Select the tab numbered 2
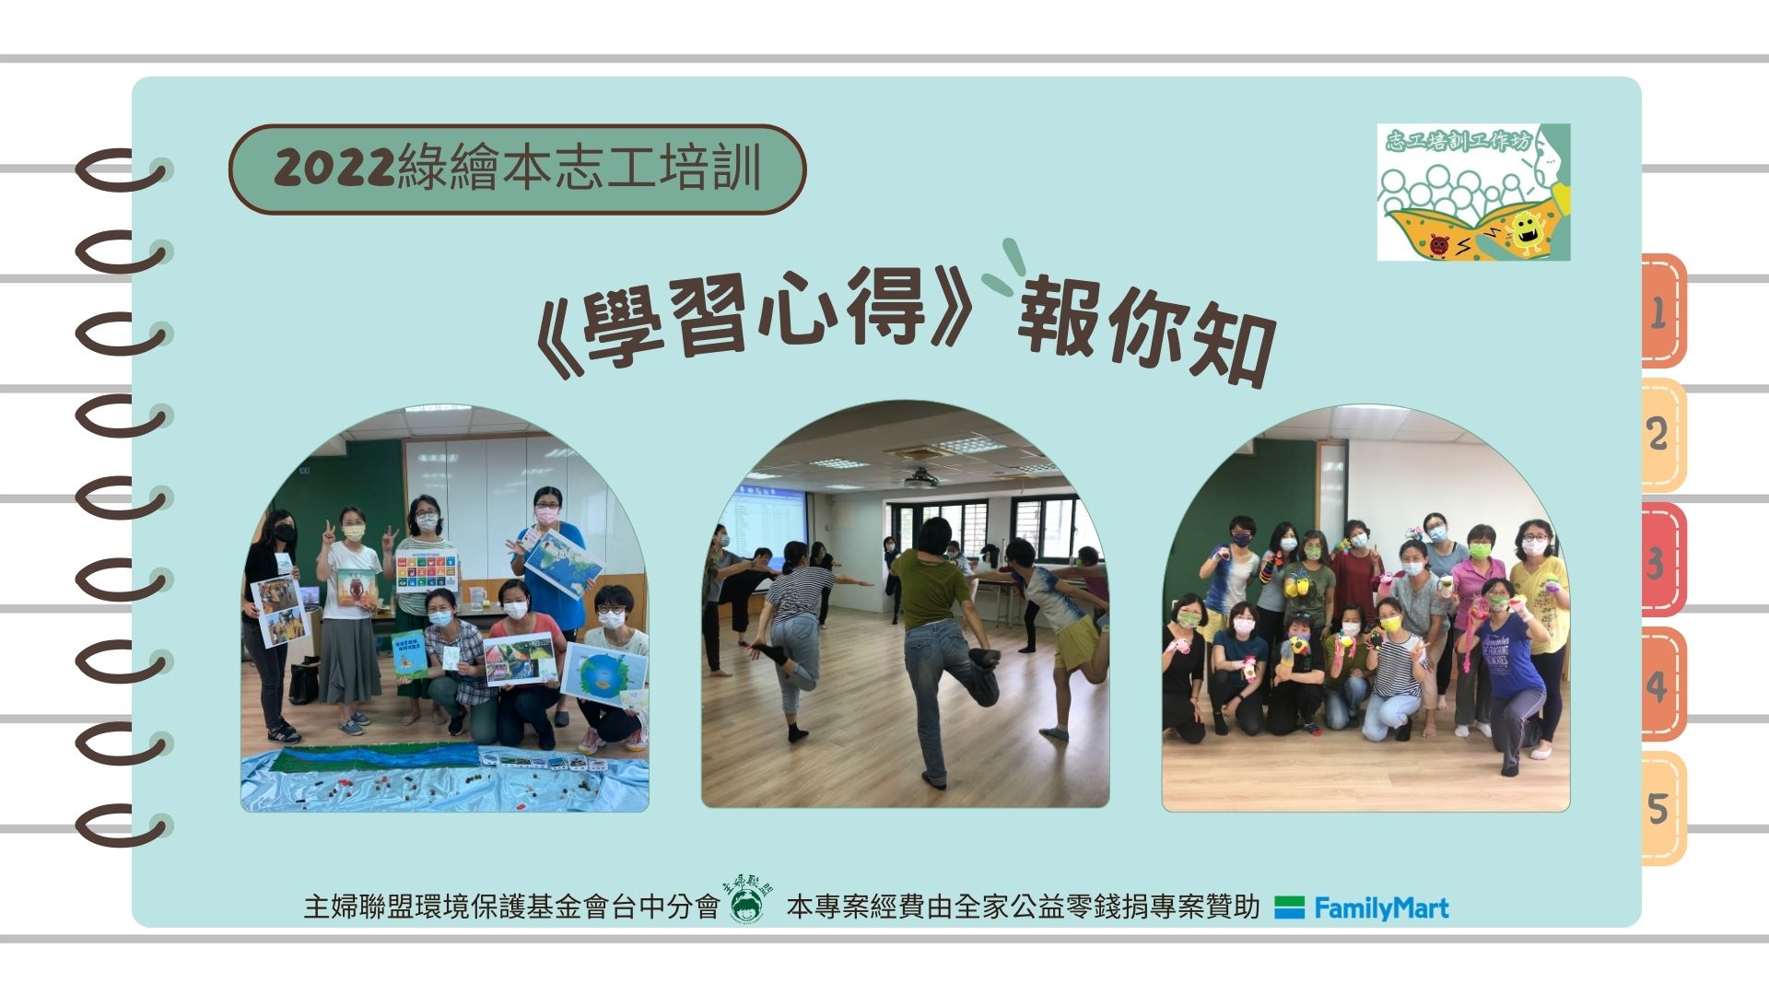[x=1663, y=434]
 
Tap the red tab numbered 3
[x=1663, y=559]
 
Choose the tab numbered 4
[x=1663, y=684]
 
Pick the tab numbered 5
[x=1663, y=808]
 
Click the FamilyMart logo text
[x=1381, y=909]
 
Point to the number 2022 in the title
[x=335, y=169]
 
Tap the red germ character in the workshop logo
[x=1439, y=246]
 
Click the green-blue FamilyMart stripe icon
[x=1289, y=908]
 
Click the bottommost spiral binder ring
[x=120, y=826]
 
